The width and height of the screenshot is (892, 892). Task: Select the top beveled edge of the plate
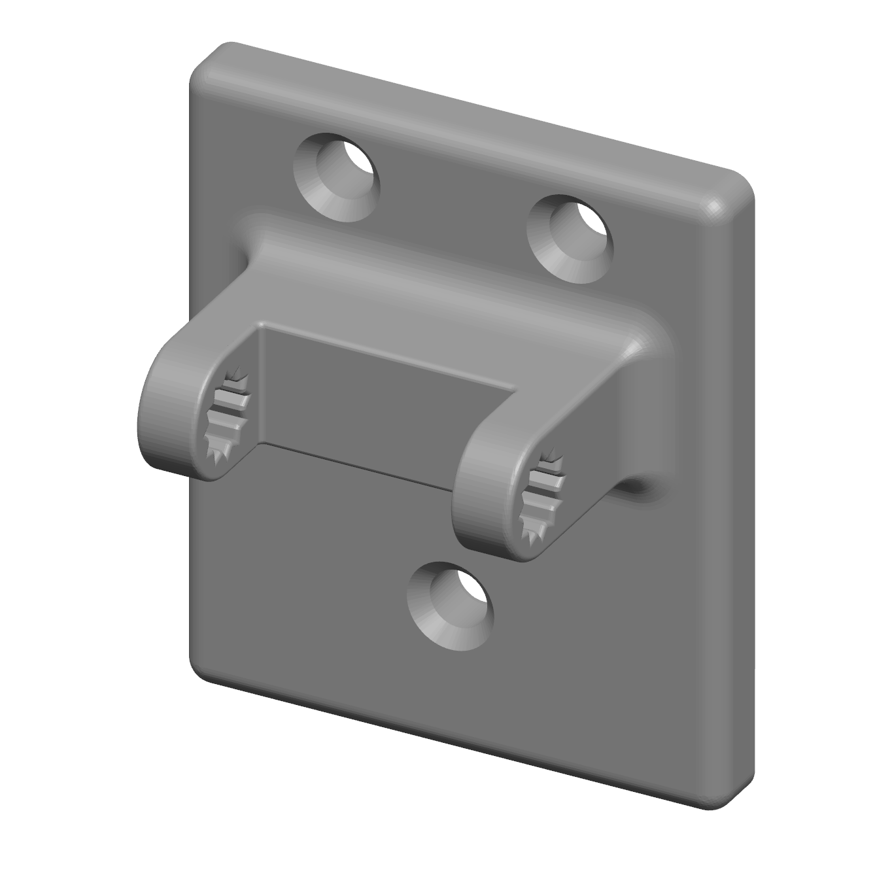471,118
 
